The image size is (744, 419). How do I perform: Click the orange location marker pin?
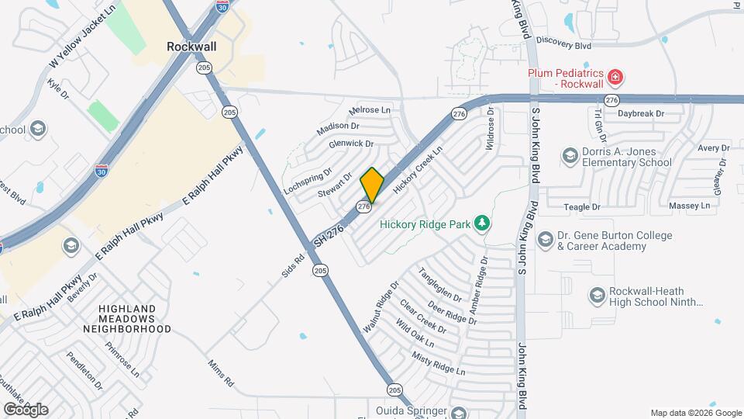coord(372,185)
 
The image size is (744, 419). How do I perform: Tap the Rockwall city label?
coord(191,47)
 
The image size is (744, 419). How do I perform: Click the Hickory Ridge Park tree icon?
coord(483,224)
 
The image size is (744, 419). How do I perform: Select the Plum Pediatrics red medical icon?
coord(615,78)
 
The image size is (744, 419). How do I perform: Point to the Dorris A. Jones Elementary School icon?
coord(570,157)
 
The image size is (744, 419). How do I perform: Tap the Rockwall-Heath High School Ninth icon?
coord(597,296)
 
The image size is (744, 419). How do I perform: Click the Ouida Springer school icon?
coord(460,412)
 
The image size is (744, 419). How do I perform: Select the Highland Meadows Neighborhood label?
coord(135,319)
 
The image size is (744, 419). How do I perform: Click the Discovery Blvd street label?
coord(563,46)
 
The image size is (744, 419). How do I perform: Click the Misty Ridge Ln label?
coord(439,363)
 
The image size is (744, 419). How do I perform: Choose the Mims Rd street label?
coord(220,374)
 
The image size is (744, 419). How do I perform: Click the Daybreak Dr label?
coord(641,113)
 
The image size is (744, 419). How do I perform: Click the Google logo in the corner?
coord(25,409)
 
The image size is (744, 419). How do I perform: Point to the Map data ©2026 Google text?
coord(696,413)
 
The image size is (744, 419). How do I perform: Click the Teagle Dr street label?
coord(582,207)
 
